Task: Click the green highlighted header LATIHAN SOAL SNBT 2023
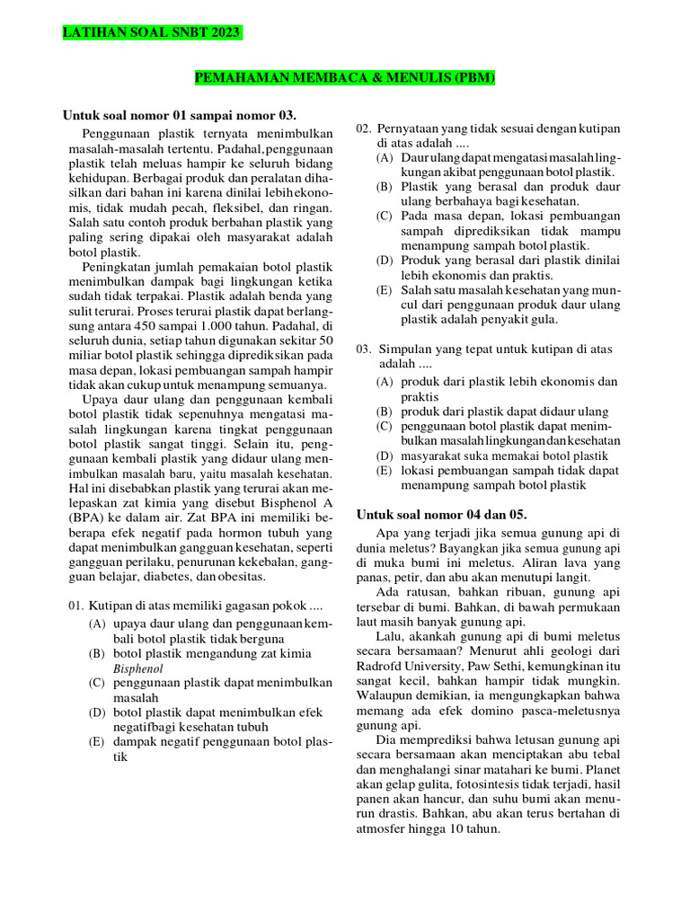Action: [x=151, y=34]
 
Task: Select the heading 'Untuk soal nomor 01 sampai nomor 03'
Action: [x=179, y=115]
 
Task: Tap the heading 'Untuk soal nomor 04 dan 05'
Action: [x=441, y=514]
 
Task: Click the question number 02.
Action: [x=364, y=129]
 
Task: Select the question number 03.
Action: [x=364, y=349]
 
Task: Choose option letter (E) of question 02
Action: [x=385, y=290]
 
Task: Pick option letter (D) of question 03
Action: [x=385, y=456]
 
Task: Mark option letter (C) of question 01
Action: [x=96, y=684]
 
